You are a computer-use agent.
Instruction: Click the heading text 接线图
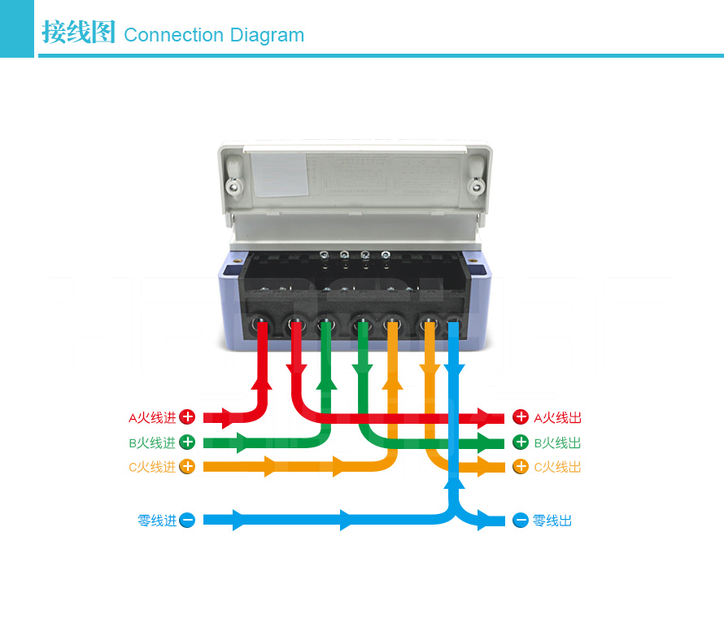point(78,33)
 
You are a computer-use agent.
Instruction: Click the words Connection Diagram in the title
point(214,35)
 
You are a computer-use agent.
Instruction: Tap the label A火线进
point(152,418)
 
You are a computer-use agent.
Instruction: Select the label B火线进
point(152,443)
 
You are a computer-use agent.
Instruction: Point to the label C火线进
point(152,468)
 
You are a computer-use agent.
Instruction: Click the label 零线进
point(156,521)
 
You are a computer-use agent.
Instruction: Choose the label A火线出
point(558,418)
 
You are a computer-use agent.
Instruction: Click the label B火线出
point(558,443)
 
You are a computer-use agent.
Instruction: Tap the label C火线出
point(558,468)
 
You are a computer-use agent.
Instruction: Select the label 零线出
point(552,521)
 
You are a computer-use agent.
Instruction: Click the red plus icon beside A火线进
point(187,417)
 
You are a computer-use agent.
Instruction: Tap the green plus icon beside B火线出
point(521,442)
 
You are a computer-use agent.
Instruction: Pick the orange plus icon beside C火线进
point(187,467)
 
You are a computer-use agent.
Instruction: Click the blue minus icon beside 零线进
point(187,520)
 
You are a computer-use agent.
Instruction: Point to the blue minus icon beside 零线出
point(521,520)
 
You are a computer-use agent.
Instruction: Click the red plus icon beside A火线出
point(521,417)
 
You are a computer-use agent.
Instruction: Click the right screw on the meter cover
point(474,186)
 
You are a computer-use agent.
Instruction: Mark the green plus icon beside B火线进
point(187,442)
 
